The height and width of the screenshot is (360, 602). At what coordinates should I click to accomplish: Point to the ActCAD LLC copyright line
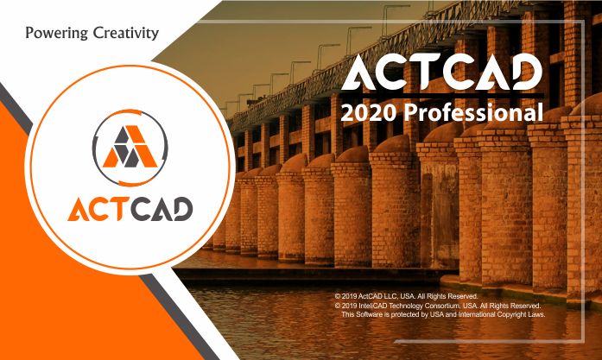point(404,296)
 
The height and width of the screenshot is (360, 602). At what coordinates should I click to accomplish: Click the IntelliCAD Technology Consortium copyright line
point(437,305)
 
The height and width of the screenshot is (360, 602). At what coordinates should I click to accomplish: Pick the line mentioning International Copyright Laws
point(443,314)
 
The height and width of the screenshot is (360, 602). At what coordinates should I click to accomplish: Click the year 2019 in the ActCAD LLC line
point(351,296)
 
